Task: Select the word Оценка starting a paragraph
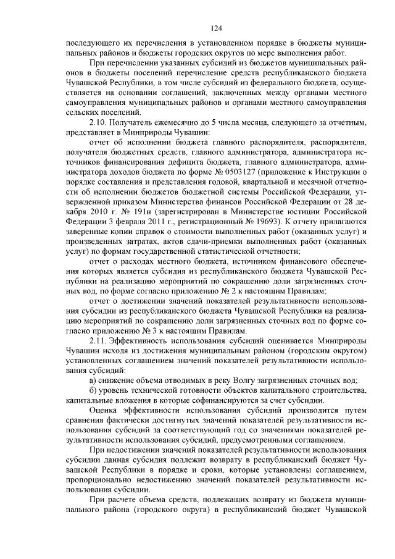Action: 105,409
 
